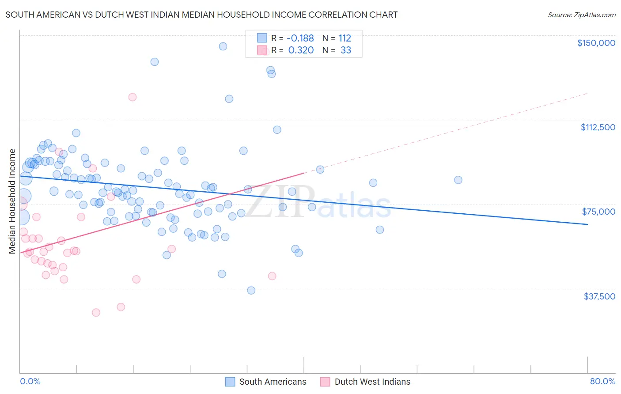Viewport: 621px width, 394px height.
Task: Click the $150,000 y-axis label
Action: coord(596,43)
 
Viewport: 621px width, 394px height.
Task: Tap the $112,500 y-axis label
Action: coord(598,127)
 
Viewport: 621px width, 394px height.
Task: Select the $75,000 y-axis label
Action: coord(598,212)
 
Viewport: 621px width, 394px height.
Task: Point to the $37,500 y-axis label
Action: coord(599,296)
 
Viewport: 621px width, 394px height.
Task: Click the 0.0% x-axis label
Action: coord(30,381)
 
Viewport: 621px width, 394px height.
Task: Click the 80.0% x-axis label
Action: coord(602,381)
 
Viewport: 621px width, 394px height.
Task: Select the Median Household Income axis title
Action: coord(12,201)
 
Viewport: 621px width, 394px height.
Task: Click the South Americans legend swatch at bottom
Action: coord(230,382)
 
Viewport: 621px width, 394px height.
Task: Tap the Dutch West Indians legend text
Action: coord(372,382)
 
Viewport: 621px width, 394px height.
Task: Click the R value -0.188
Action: coord(300,38)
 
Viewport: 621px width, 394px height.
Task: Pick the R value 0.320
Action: coord(301,50)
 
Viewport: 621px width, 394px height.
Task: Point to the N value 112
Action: coord(345,38)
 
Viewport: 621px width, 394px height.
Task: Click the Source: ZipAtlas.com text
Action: coord(581,15)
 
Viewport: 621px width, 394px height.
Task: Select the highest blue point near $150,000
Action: coord(223,46)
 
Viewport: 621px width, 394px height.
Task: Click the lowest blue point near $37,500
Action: coord(251,290)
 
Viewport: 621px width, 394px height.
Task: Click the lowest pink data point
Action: coord(96,312)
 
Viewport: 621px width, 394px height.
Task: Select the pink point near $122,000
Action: coord(133,97)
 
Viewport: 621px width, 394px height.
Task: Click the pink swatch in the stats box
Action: coord(262,50)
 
